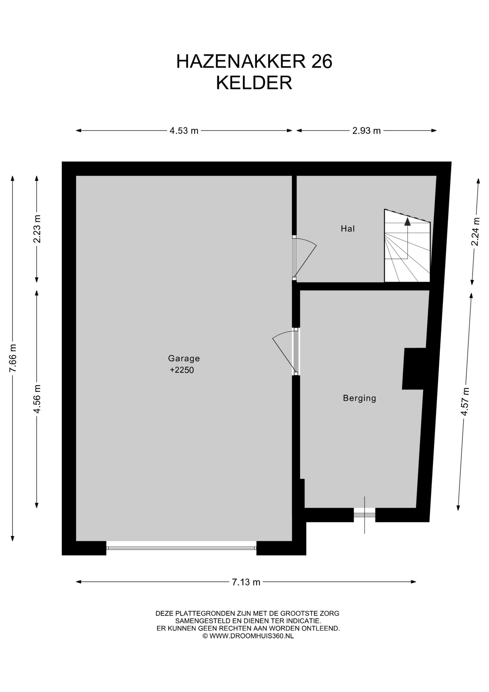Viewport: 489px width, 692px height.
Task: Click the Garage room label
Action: pyautogui.click(x=184, y=359)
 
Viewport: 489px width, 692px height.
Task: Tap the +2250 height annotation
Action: pyautogui.click(x=182, y=370)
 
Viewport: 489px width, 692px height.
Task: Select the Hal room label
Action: pyautogui.click(x=348, y=229)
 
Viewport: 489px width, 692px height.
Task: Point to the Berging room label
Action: pyautogui.click(x=359, y=398)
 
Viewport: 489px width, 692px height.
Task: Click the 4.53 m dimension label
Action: pyautogui.click(x=184, y=130)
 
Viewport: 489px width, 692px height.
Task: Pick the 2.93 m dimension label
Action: pyautogui.click(x=367, y=130)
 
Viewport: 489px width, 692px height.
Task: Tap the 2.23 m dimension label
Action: pyautogui.click(x=37, y=229)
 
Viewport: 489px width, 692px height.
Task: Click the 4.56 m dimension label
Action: pyautogui.click(x=37, y=399)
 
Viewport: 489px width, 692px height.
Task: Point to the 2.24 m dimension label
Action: pyautogui.click(x=475, y=231)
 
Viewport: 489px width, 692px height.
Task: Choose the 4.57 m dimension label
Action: pyautogui.click(x=465, y=402)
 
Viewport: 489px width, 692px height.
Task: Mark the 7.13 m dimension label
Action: pyautogui.click(x=246, y=582)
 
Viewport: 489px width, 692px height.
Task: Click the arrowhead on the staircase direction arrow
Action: pyautogui.click(x=407, y=221)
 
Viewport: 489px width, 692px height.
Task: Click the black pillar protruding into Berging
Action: pyautogui.click(x=414, y=368)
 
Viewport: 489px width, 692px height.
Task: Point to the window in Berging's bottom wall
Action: pyautogui.click(x=364, y=515)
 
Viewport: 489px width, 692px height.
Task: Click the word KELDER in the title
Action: pyautogui.click(x=254, y=83)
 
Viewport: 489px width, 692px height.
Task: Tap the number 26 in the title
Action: pyautogui.click(x=322, y=61)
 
